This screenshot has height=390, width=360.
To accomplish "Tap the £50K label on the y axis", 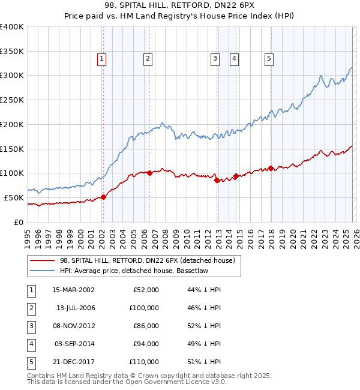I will point(13,197).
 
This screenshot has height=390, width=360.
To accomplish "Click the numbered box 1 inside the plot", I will point(102,58).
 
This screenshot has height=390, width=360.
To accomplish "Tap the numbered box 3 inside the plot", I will point(214,58).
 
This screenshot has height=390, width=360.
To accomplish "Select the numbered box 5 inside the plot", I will point(268,58).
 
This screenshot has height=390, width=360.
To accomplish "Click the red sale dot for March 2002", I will point(103,197).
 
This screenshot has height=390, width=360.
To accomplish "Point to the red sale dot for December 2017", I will point(271,169).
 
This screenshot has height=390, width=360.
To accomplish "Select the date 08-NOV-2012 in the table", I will point(73,326).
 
